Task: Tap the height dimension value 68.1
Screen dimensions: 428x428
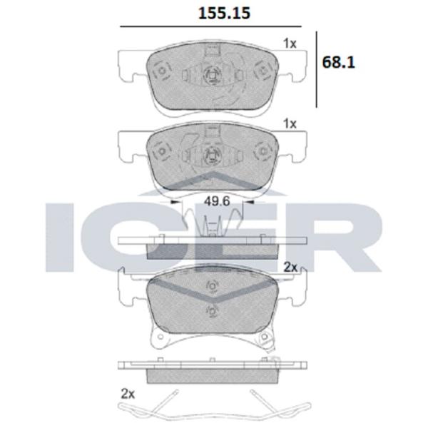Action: pyautogui.click(x=339, y=62)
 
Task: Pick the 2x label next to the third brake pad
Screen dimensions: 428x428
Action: pyautogui.click(x=290, y=267)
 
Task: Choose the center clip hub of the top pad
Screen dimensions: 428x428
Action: pyautogui.click(x=210, y=76)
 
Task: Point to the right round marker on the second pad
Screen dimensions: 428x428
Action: pyautogui.click(x=260, y=152)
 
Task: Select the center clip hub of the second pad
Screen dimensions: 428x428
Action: pyautogui.click(x=210, y=156)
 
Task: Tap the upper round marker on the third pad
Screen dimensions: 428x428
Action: pyautogui.click(x=210, y=286)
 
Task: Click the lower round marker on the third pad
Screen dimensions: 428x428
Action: pyautogui.click(x=210, y=310)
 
